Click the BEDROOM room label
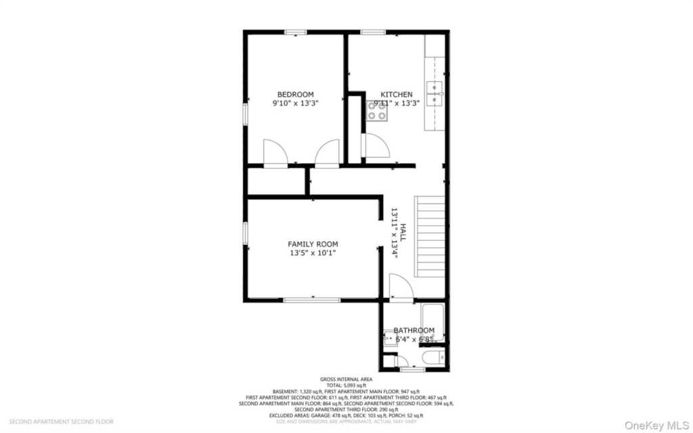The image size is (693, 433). (296, 94)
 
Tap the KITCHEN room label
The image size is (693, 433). (396, 94)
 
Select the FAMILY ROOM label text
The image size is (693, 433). (313, 244)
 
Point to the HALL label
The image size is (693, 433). (403, 233)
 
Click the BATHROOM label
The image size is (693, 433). (413, 330)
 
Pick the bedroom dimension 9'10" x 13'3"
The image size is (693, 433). (295, 104)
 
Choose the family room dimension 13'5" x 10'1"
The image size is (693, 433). (313, 253)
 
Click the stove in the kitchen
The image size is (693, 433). (377, 111)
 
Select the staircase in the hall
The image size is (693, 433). (429, 235)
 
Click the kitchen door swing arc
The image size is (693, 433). (376, 145)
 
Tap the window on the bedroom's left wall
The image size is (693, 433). (246, 113)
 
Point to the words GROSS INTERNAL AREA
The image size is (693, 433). (346, 379)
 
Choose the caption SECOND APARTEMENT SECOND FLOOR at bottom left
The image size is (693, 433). (61, 421)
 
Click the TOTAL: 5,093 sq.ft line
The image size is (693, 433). (346, 385)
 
